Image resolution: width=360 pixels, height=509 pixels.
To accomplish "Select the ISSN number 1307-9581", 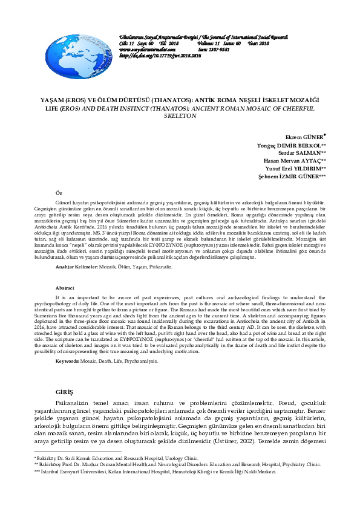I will [x=220, y=50].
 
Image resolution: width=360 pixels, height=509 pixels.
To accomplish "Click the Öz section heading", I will [x=59, y=191].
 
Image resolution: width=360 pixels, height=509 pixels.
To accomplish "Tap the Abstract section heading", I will [x=64, y=288].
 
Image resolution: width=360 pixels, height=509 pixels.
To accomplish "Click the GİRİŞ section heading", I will [x=64, y=392].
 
